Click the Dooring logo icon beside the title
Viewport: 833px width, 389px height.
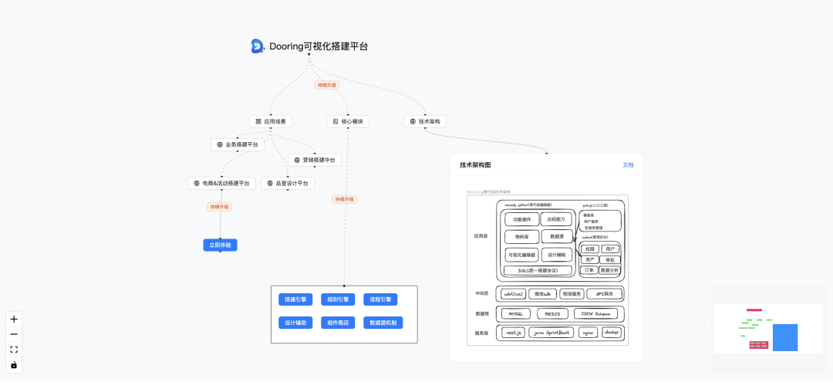click(x=258, y=46)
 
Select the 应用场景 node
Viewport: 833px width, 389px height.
click(x=271, y=121)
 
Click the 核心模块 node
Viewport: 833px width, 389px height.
click(x=348, y=121)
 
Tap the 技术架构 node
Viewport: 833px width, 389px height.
click(x=425, y=121)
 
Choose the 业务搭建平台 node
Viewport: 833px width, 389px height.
click(x=238, y=144)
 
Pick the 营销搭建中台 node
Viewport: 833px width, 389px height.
click(x=315, y=160)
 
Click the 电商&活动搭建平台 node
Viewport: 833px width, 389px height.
click(x=221, y=184)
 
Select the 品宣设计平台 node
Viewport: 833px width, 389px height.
click(x=288, y=184)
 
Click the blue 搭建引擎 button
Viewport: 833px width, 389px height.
click(x=295, y=299)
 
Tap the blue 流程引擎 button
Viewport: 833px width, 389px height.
click(x=381, y=299)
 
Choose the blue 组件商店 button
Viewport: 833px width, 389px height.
click(x=338, y=323)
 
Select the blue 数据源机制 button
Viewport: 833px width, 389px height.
click(x=383, y=323)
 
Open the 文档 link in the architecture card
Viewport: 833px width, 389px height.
click(x=628, y=165)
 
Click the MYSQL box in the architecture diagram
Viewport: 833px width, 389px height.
click(x=515, y=314)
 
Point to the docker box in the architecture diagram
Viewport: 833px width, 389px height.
click(x=612, y=333)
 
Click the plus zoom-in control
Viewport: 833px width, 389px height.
click(x=14, y=319)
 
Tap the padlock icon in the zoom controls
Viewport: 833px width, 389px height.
click(x=14, y=365)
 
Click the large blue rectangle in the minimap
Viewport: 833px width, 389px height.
click(x=785, y=337)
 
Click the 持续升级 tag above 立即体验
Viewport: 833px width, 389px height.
click(x=220, y=207)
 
